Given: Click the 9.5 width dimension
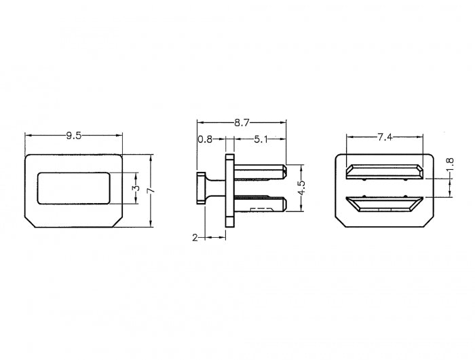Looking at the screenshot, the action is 74,136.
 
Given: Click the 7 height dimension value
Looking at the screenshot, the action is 151,190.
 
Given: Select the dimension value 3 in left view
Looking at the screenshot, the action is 137,188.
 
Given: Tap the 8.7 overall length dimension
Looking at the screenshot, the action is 242,122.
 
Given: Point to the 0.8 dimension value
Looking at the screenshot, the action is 205,139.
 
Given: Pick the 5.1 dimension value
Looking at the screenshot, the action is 261,139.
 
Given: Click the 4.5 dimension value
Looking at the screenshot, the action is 301,189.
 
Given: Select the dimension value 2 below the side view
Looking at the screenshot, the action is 195,238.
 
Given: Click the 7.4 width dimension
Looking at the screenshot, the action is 385,137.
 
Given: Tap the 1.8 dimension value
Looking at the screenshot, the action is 450,164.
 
